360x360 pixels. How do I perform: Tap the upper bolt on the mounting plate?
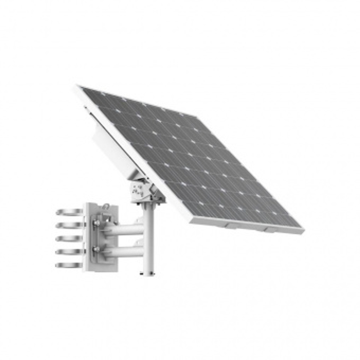coord(96,223)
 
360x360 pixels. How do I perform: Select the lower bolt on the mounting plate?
coord(96,249)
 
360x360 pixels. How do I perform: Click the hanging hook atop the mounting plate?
coord(105,206)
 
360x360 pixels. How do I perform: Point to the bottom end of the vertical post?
coord(148,273)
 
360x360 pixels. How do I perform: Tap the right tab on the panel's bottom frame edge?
coord(271,230)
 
